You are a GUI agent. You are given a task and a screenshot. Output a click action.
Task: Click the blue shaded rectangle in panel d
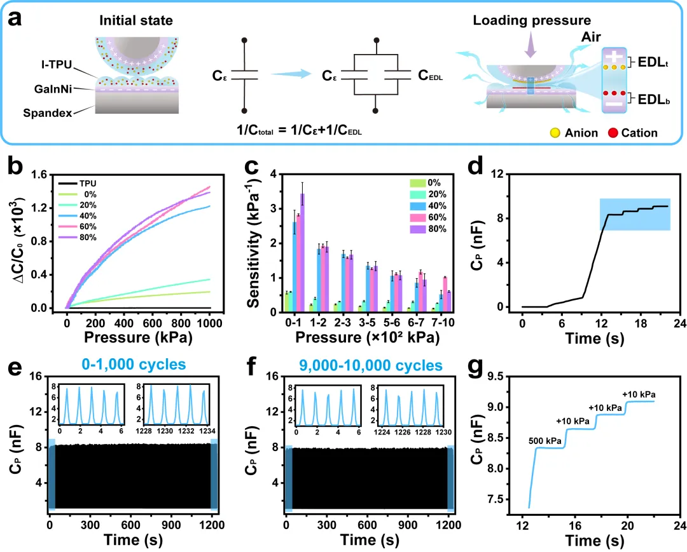(634, 214)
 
